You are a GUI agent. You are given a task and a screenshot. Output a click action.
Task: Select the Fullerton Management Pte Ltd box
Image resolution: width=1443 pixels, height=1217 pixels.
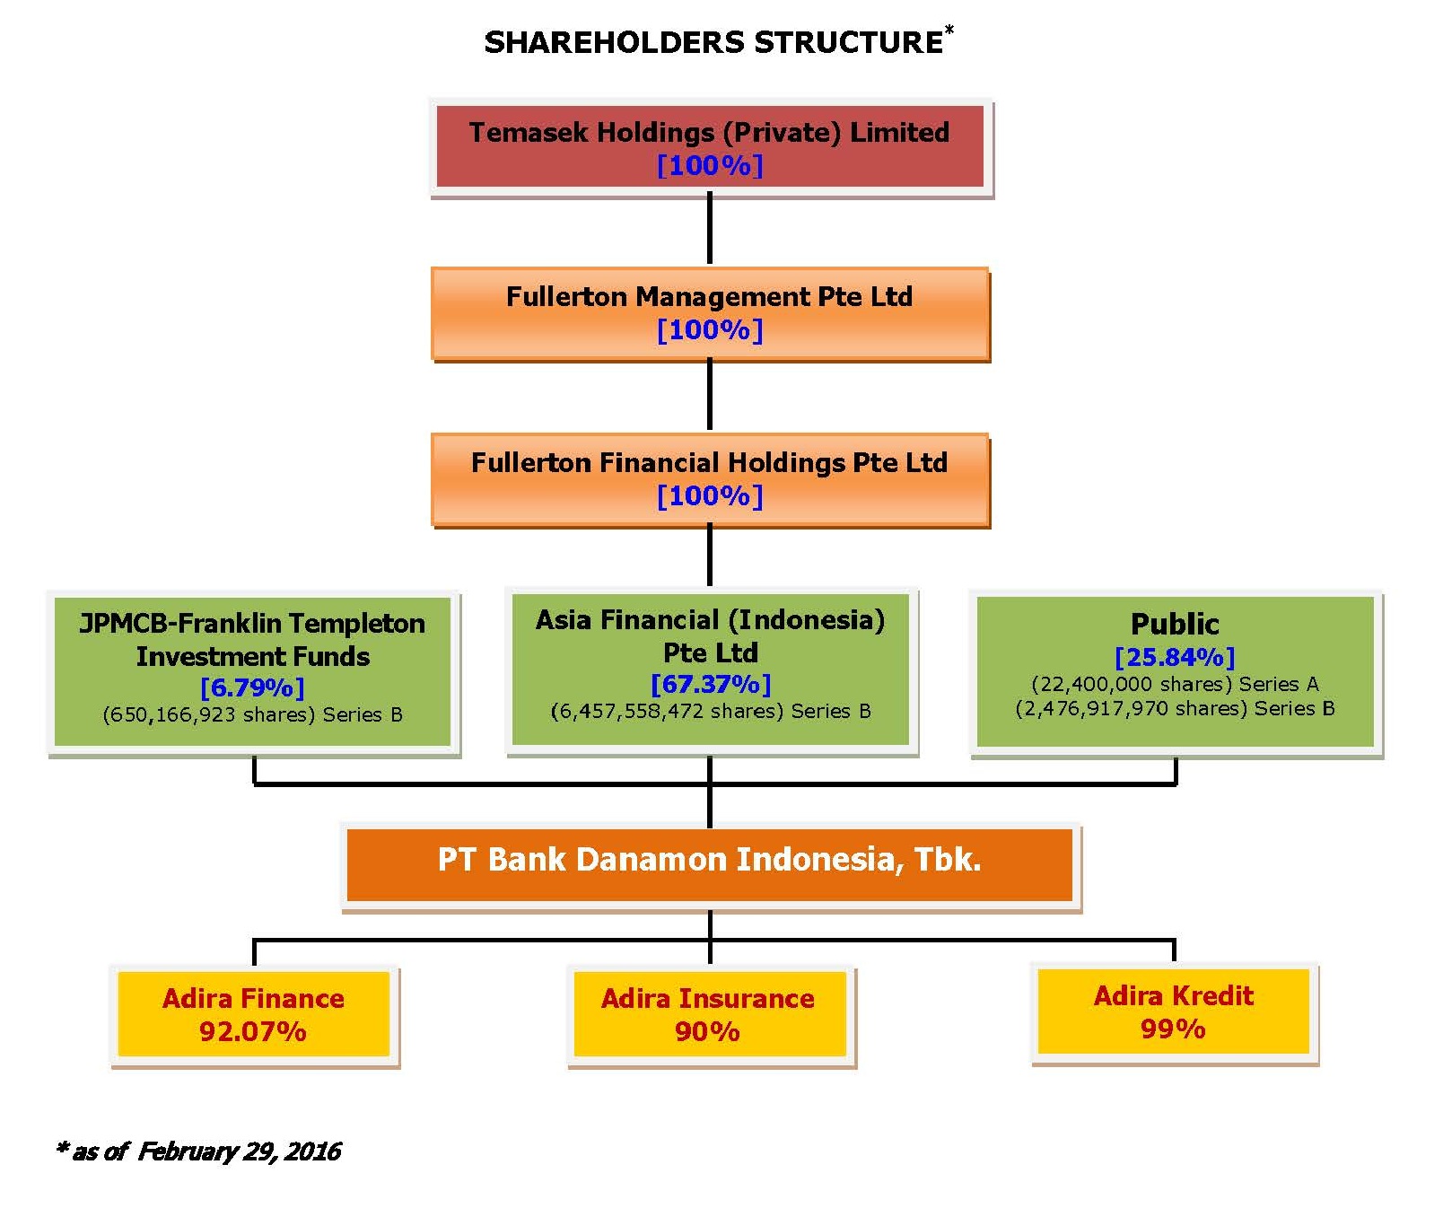pos(710,314)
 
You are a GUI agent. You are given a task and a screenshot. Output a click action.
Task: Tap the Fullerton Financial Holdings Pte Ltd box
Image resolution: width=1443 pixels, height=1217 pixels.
pos(710,480)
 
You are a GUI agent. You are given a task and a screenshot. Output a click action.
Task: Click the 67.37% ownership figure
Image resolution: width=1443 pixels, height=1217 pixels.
pos(711,685)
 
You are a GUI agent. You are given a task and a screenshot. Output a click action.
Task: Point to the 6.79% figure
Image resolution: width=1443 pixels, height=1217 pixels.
pos(252,688)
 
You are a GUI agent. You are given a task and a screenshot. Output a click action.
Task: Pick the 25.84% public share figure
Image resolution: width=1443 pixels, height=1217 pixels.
pos(1175,658)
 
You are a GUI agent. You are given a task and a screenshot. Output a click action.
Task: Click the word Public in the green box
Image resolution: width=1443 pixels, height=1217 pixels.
pos(1175,624)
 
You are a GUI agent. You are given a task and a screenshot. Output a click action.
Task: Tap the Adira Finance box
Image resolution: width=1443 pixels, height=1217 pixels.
pos(254,1015)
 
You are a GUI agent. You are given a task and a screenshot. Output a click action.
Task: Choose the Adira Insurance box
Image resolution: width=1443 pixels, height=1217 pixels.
pos(709,1015)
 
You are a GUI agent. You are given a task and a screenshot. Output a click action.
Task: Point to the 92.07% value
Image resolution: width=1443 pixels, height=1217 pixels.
pos(253,1031)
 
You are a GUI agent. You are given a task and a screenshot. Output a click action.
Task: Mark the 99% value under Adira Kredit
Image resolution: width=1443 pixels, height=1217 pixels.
pos(1173,1029)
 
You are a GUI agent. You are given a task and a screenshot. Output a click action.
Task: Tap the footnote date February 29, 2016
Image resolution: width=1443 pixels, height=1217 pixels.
pos(239,1151)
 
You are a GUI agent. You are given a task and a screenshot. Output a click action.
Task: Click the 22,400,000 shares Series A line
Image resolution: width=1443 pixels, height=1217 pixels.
pos(1175,684)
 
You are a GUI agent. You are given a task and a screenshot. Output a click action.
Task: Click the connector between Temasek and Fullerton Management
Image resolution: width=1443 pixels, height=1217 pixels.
pos(710,231)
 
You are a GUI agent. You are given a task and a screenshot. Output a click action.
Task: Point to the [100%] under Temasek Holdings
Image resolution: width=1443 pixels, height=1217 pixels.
pos(710,165)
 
